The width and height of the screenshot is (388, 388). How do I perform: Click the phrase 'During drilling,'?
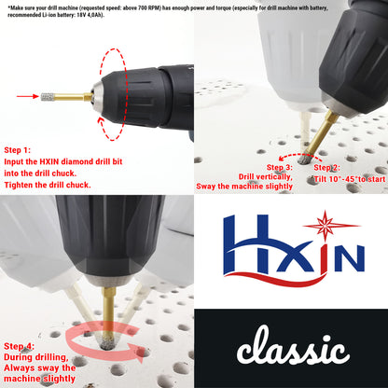(x=36, y=356)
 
